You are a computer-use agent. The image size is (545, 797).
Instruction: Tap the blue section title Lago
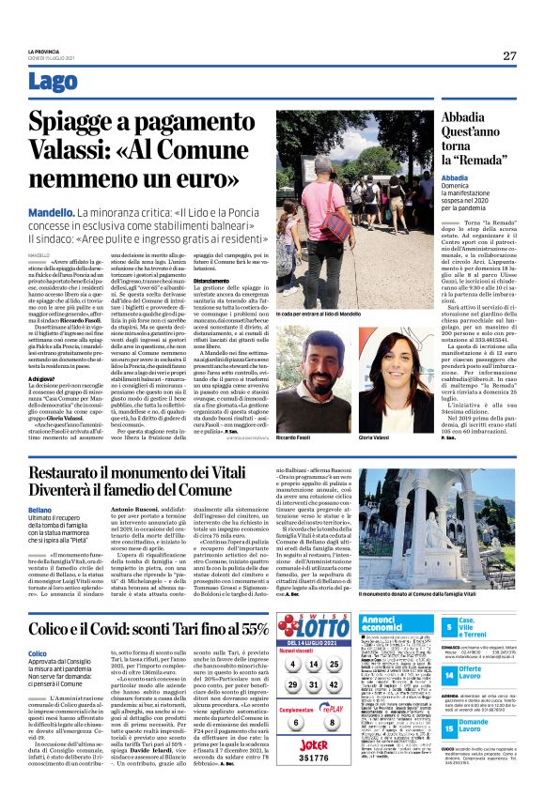point(54,83)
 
